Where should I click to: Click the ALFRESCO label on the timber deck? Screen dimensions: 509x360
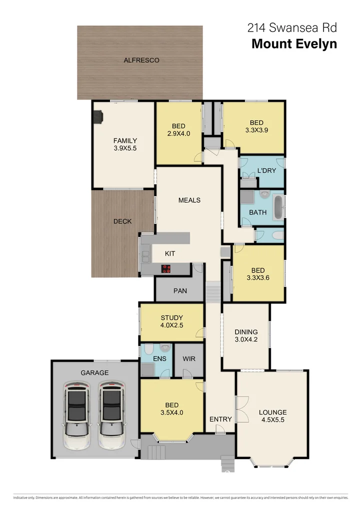point(141,60)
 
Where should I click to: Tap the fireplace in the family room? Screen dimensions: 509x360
point(97,117)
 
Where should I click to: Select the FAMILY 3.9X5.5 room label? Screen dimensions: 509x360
point(124,144)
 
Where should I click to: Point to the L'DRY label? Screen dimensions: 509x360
point(266,171)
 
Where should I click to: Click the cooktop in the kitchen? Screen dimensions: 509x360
point(166,268)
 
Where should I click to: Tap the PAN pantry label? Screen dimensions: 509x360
point(180,290)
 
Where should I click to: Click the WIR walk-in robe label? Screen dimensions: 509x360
point(189,359)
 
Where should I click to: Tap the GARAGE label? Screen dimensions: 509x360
point(94,372)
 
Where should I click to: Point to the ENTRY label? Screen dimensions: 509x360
point(220,419)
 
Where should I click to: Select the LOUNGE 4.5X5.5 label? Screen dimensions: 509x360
point(272,416)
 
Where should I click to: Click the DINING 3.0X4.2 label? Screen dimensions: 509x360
point(246,335)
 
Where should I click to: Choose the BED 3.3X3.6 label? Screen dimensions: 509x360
point(257,274)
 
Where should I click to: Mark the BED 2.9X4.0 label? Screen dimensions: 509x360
point(178,129)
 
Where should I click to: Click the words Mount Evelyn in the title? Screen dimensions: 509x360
point(294,44)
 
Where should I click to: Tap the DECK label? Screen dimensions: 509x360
point(122,221)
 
